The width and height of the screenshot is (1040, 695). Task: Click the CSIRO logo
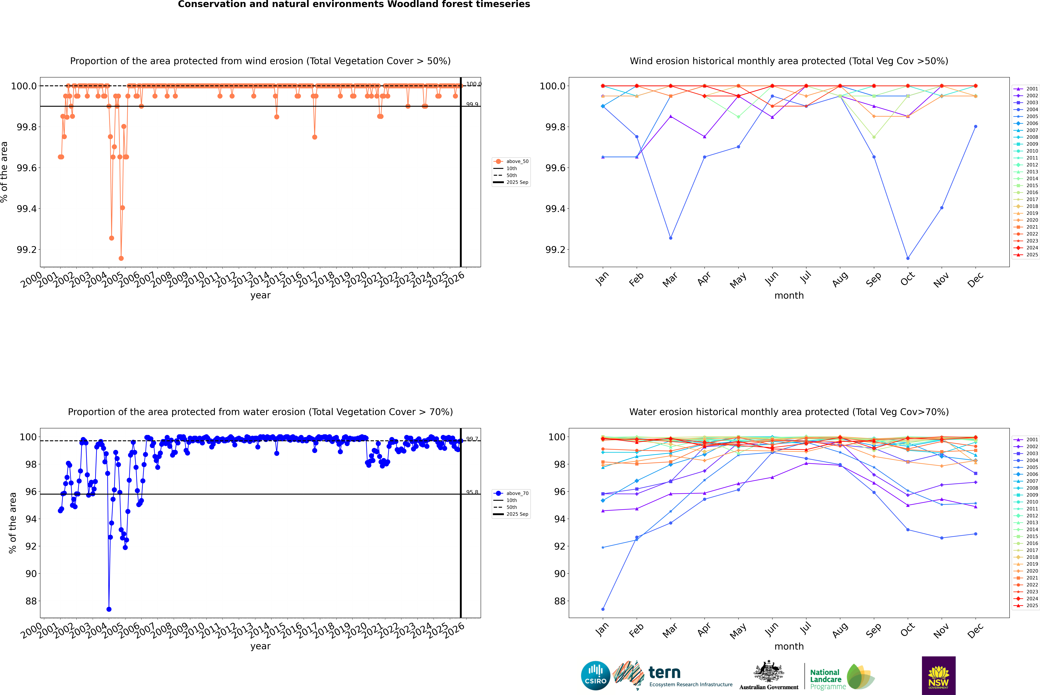595,676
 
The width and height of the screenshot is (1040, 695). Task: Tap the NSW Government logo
938,676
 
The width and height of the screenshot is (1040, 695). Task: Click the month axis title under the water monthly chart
789,646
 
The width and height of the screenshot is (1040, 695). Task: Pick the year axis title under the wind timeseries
260,295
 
